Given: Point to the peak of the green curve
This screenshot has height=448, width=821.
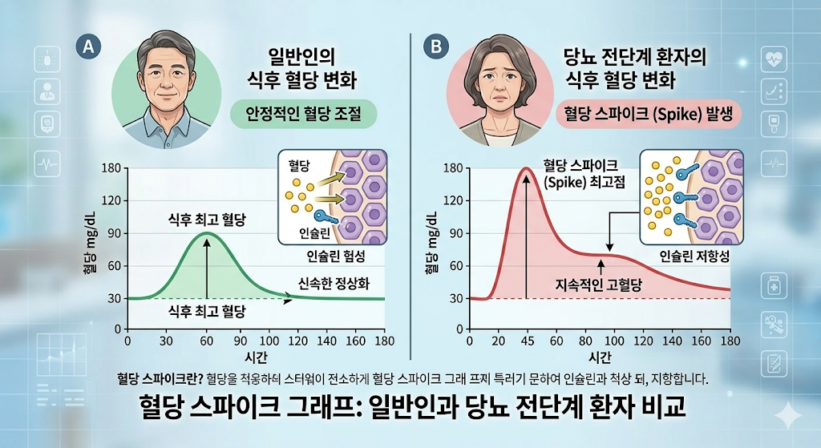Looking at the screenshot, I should click(x=207, y=233).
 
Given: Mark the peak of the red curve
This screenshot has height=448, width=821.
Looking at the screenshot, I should click(x=525, y=168).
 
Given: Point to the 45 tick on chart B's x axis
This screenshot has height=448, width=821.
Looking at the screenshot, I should click(x=525, y=340).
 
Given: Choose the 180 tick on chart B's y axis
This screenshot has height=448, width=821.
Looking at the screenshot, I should click(x=454, y=168).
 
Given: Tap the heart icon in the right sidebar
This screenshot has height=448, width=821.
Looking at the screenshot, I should click(x=774, y=58).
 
